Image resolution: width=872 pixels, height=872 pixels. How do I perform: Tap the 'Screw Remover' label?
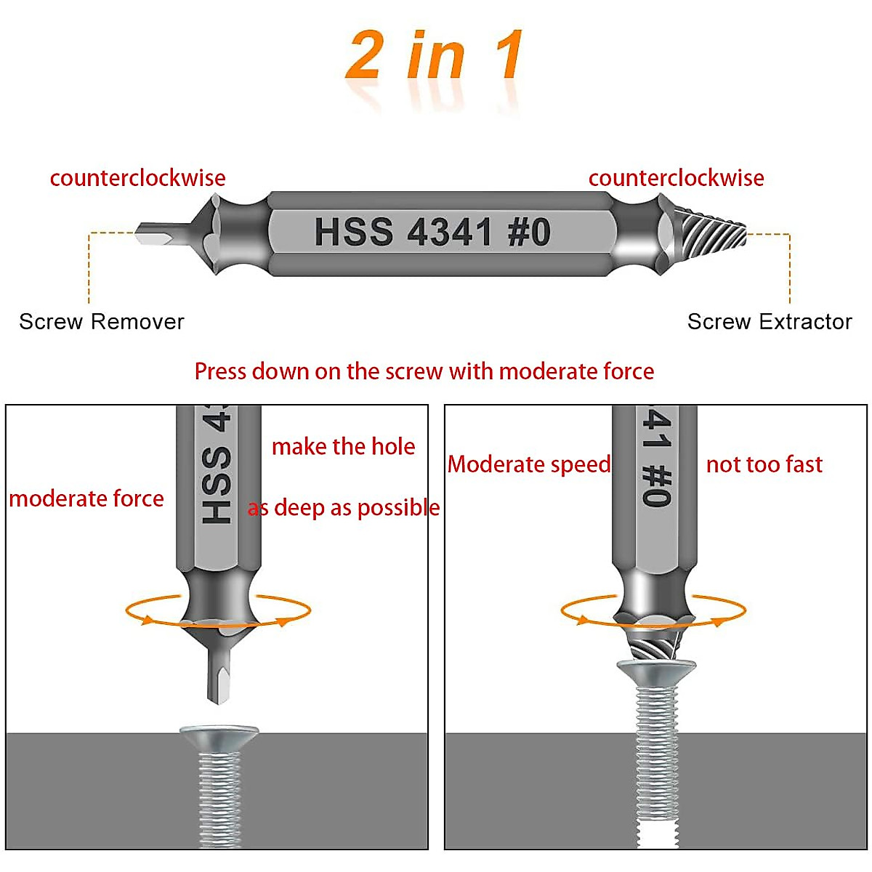pos(102,321)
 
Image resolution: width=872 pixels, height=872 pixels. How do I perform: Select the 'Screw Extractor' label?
pos(770,321)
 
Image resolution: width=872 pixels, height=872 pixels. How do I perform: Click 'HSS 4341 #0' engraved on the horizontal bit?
pos(432,233)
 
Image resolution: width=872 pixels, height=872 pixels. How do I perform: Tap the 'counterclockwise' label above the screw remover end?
pos(137,178)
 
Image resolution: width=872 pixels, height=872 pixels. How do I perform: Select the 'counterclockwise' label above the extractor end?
pos(676,178)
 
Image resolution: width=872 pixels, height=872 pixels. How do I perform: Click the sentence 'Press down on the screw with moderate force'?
pos(424,371)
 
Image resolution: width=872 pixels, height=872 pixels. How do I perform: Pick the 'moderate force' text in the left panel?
pos(86,498)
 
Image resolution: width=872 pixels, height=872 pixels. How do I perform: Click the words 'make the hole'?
pos(343,446)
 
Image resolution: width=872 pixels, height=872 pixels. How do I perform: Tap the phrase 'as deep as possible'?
pos(344,508)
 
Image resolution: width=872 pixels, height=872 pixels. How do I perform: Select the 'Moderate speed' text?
pos(529,464)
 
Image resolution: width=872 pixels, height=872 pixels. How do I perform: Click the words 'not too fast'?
pos(764,464)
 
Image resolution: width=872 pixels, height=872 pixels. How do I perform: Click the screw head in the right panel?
pos(656,670)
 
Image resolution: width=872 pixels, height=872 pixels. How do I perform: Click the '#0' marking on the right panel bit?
pos(655,485)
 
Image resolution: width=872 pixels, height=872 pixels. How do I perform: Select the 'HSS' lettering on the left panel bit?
pos(217,485)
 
